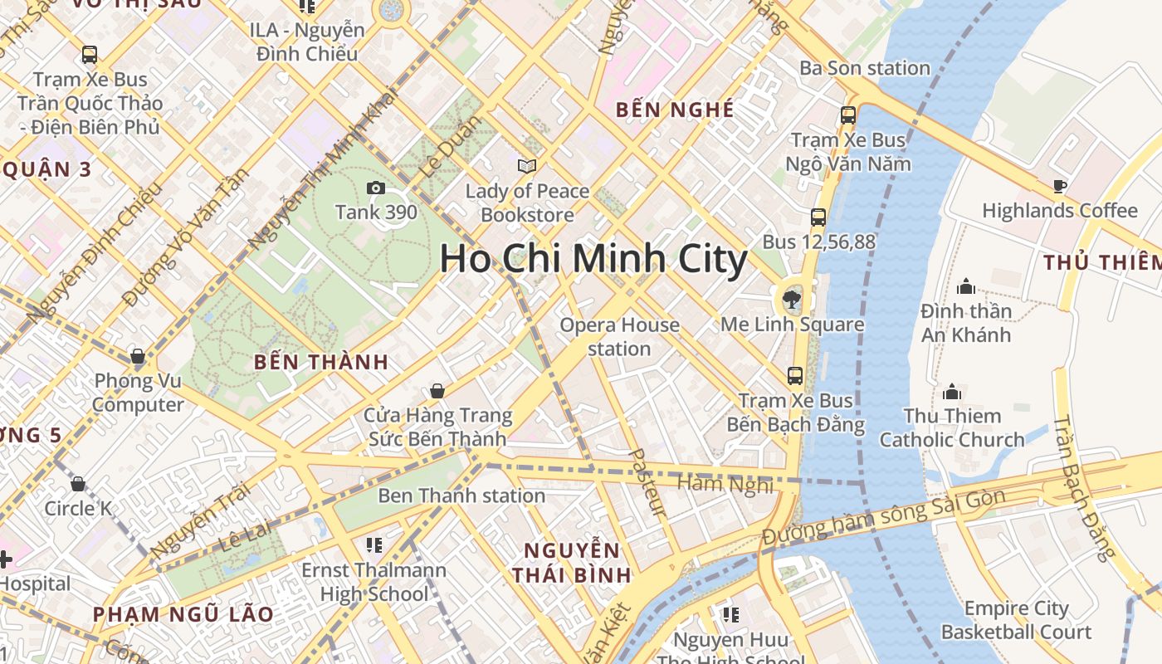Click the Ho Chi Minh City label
pos(593,259)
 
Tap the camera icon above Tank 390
pos(376,188)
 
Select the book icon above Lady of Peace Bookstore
pos(526,167)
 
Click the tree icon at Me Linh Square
pos(792,300)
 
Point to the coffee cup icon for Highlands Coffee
pos(1059,186)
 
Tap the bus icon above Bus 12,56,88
pos(818,217)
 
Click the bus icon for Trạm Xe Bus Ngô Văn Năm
pos(848,115)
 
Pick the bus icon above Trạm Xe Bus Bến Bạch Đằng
pos(795,375)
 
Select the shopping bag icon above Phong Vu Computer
pos(138,357)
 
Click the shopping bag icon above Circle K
pos(78,483)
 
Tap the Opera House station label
pos(619,336)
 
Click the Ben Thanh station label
pos(461,496)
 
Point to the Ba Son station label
pos(865,68)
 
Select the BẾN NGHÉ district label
pos(675,110)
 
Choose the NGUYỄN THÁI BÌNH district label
pos(572,562)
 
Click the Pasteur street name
pos(648,483)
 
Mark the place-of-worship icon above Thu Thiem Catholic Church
pos(952,391)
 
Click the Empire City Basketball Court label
pos(1016,620)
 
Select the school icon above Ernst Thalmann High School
pos(374,545)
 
